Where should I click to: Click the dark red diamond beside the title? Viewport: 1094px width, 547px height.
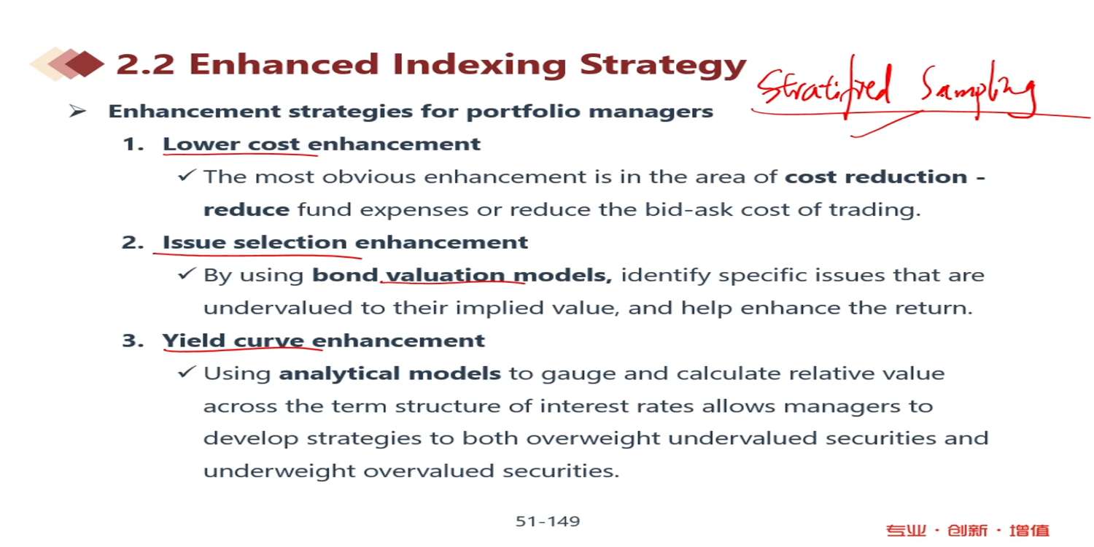coord(85,63)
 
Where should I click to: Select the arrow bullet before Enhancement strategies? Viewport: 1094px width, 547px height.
coord(77,112)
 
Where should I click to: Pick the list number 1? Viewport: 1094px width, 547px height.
coord(133,144)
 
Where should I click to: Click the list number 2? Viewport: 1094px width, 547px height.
coord(133,242)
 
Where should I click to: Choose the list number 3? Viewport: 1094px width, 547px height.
coord(133,341)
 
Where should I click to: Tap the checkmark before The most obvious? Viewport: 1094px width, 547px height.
coord(187,175)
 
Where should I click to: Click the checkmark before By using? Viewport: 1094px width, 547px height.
coord(187,273)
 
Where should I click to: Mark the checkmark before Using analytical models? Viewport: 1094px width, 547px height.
coord(187,372)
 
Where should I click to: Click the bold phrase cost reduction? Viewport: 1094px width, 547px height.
coord(876,176)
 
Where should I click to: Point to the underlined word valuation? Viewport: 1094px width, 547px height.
coord(445,275)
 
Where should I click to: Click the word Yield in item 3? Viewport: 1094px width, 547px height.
coord(194,341)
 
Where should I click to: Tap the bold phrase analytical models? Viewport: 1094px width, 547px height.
coord(389,373)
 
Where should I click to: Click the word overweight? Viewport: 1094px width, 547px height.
coord(593,438)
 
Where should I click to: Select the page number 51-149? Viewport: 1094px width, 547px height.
coord(548,521)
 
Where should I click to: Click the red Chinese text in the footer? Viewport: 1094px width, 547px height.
coord(967,530)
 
